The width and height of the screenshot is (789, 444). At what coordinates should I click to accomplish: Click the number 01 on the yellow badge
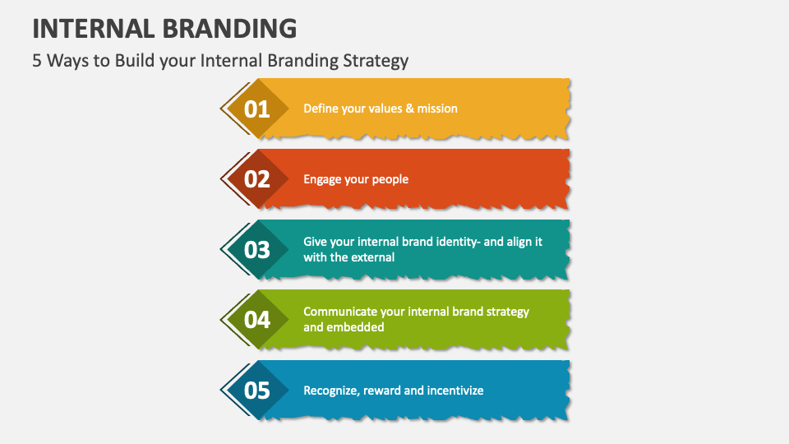pyautogui.click(x=257, y=109)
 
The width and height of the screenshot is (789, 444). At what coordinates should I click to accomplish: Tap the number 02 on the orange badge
pyautogui.click(x=257, y=179)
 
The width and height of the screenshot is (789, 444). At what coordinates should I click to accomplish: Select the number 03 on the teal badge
pyautogui.click(x=257, y=249)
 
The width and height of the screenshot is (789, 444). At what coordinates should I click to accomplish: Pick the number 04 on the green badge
pyautogui.click(x=257, y=320)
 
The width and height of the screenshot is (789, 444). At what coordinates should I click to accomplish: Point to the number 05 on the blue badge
pyautogui.click(x=257, y=391)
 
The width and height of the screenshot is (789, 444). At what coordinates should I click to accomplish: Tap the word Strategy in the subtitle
pyautogui.click(x=379, y=61)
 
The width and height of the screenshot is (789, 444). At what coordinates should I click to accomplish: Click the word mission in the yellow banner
pyautogui.click(x=437, y=109)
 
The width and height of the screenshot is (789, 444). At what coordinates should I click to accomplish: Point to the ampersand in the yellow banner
pyautogui.click(x=409, y=109)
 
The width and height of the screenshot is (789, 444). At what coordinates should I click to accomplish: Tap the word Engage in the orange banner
pyautogui.click(x=322, y=179)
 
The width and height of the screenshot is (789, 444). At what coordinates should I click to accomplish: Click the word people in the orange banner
pyautogui.click(x=390, y=179)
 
